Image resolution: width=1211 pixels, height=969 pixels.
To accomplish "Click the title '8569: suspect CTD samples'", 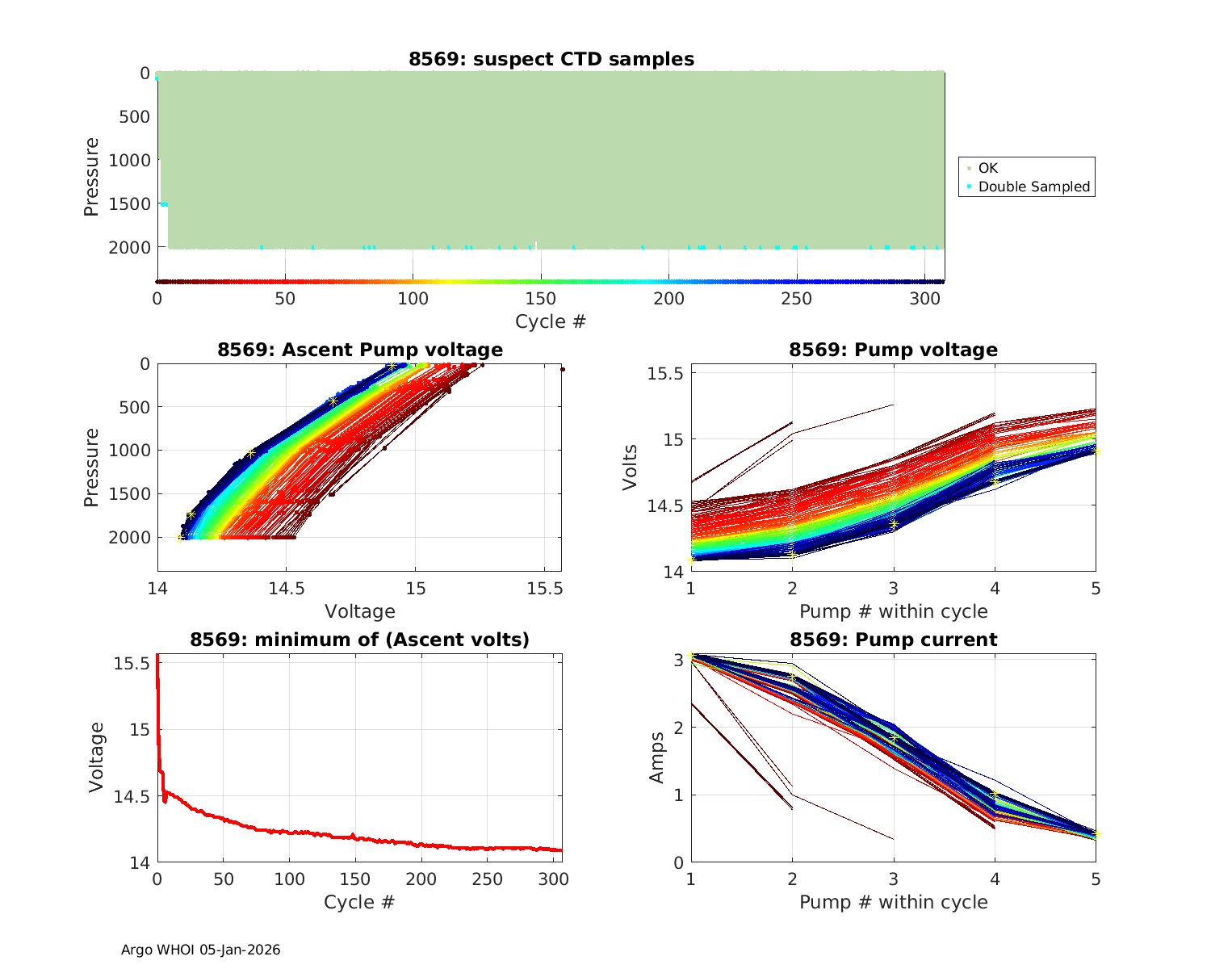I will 551,59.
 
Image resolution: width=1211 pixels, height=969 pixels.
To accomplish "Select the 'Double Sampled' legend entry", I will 1033,187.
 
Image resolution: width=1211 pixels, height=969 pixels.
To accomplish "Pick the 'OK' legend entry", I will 987,168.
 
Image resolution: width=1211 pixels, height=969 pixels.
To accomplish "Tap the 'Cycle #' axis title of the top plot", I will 551,321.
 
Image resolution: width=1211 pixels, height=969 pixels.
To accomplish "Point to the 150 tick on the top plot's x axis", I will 541,299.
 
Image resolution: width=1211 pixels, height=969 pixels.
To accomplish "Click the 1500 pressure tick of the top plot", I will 129,203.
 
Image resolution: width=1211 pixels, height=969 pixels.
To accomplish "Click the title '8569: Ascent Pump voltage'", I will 360,350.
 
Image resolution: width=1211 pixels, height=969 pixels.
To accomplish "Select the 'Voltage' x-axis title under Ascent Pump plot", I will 360,611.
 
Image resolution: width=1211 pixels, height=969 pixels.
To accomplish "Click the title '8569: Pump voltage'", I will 893,350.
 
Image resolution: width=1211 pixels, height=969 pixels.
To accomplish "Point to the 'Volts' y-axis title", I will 631,468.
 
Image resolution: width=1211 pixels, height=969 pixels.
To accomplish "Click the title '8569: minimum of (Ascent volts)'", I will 360,640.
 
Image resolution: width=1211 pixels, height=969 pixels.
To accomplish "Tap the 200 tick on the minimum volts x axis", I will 421,879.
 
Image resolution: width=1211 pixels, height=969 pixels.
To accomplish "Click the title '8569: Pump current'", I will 893,640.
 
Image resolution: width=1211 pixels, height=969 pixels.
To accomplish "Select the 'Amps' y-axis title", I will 657,757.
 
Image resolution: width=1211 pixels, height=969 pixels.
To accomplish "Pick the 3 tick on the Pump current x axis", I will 894,879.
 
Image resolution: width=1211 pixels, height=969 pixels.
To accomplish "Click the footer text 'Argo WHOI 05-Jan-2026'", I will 200,950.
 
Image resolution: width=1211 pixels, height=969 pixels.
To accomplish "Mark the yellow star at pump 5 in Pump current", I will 1096,834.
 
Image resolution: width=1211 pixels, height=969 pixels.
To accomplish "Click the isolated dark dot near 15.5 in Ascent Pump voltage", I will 562,370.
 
